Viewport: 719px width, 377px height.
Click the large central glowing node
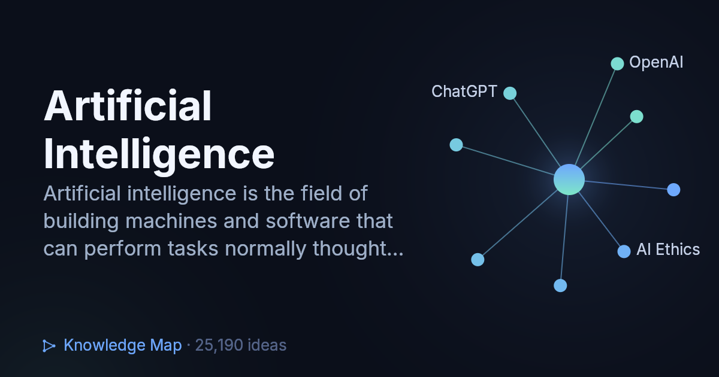(569, 180)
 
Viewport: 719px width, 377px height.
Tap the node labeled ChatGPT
(510, 93)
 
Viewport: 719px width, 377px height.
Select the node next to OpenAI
(617, 63)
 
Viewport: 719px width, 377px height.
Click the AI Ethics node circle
(624, 251)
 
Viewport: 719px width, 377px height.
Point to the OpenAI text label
(656, 62)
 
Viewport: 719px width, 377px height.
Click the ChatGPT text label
(464, 92)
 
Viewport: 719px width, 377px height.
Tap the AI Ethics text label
(668, 250)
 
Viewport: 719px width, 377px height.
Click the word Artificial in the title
(128, 105)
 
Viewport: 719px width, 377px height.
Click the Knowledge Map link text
(123, 345)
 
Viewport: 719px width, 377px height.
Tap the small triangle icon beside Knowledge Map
(49, 346)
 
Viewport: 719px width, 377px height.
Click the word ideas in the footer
(267, 345)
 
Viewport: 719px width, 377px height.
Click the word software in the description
(308, 221)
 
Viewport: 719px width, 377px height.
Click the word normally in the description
(265, 249)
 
